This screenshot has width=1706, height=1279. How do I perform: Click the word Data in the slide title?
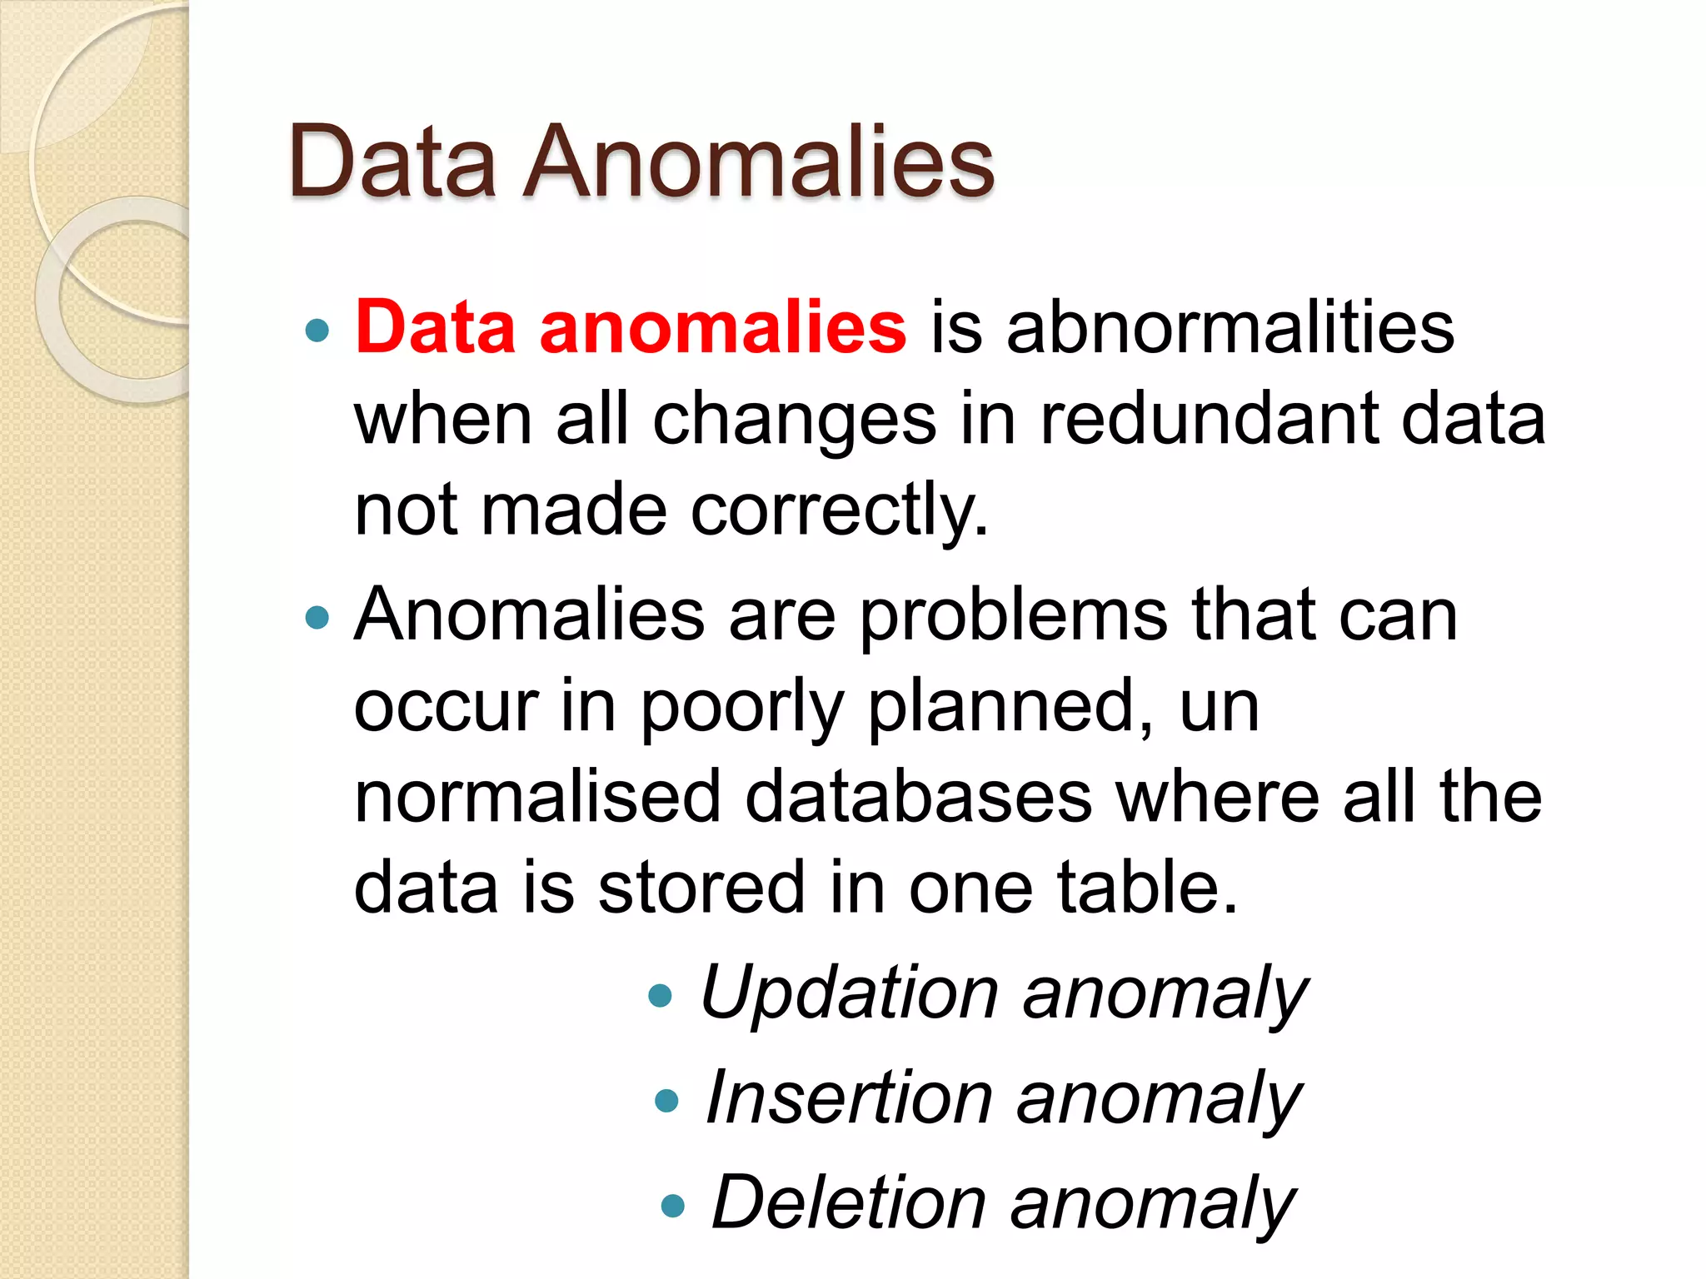pos(392,162)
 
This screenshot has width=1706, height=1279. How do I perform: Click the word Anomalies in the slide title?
pos(758,162)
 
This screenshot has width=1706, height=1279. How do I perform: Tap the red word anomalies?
pos(722,327)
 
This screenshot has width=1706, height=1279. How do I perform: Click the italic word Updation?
pos(849,993)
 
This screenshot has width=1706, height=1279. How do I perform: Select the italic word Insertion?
pos(849,1099)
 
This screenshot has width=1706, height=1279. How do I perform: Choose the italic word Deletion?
pos(849,1203)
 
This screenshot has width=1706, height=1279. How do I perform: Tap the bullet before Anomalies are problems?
pos(317,618)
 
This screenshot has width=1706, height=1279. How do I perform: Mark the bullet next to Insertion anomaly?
pos(667,1102)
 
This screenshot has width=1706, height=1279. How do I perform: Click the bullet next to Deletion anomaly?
pos(672,1206)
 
